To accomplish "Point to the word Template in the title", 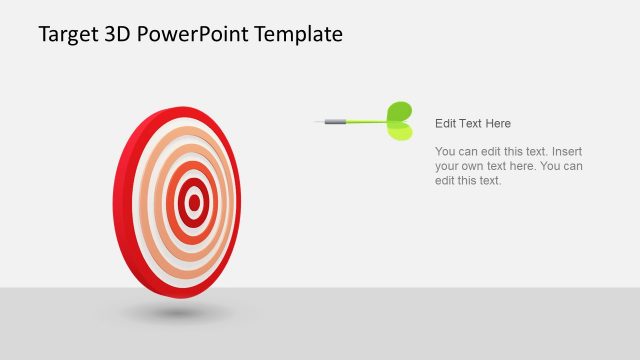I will (x=298, y=35).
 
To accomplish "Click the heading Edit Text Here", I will (x=473, y=123).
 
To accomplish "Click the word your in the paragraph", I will (x=447, y=166).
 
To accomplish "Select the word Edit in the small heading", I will (x=445, y=123).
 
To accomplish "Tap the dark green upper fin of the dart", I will (x=399, y=110).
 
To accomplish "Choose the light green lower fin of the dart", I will (x=399, y=131).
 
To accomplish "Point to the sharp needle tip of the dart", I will (x=318, y=123).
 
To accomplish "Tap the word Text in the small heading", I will (x=470, y=123).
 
